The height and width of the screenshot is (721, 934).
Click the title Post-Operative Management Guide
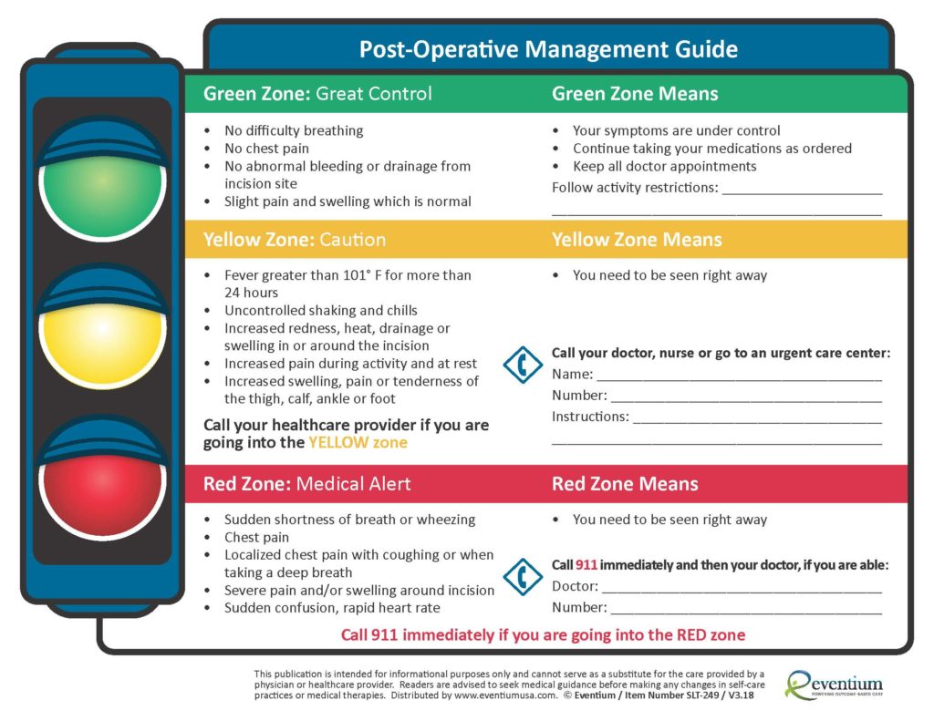click(x=548, y=49)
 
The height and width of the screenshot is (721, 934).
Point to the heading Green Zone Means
click(x=635, y=94)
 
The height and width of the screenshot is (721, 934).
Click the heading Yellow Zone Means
click(x=637, y=240)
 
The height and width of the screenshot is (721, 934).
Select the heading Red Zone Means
click(x=625, y=484)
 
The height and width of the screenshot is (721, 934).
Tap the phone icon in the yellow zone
click(x=523, y=365)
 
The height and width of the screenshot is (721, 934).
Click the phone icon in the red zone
click(x=523, y=577)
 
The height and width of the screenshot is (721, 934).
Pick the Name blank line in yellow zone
click(x=739, y=376)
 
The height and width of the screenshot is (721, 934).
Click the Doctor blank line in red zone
click(x=741, y=588)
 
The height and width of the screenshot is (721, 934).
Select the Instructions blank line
click(x=756, y=418)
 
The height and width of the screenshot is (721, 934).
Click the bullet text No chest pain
click(x=266, y=149)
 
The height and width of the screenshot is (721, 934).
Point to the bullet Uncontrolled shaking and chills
click(x=320, y=311)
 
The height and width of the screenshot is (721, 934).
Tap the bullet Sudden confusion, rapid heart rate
click(x=332, y=608)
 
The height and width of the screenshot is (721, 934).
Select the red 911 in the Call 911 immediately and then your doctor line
click(x=586, y=565)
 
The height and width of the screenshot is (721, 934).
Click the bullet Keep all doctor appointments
click(x=664, y=167)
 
